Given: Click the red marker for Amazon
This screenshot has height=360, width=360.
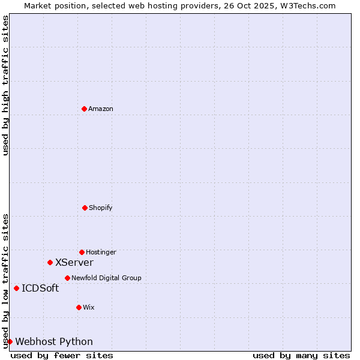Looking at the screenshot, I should click(84, 109).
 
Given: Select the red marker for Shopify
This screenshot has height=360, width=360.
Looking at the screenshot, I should click(85, 208).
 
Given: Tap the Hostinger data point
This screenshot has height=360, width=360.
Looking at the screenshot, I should click(82, 252).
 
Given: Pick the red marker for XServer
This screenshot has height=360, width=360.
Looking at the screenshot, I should click(50, 262).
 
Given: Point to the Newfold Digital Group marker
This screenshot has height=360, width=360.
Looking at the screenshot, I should click(67, 278).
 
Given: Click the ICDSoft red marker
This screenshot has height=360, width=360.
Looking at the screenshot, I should click(16, 288).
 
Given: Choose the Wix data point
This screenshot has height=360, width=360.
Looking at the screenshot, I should click(79, 307).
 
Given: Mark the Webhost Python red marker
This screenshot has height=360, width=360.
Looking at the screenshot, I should click(10, 341).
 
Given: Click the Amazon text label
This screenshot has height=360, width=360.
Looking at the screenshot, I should click(101, 109).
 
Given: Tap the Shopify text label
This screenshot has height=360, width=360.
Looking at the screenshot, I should click(101, 208).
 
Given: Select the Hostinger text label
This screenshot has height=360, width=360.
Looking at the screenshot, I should click(101, 253).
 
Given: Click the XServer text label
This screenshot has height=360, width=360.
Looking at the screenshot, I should click(74, 263).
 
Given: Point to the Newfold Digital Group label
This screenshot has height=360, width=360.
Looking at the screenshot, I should click(106, 278).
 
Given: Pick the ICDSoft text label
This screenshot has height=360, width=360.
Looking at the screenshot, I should click(40, 289).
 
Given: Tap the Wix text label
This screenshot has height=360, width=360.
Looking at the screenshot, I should click(89, 308).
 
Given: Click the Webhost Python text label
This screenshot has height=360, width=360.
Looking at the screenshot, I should click(54, 342).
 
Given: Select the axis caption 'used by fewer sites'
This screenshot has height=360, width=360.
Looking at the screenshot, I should click(62, 355).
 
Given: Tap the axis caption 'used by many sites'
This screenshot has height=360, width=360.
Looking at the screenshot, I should click(301, 355).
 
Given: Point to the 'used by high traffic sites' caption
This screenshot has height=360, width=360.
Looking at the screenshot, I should click(6, 85).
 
